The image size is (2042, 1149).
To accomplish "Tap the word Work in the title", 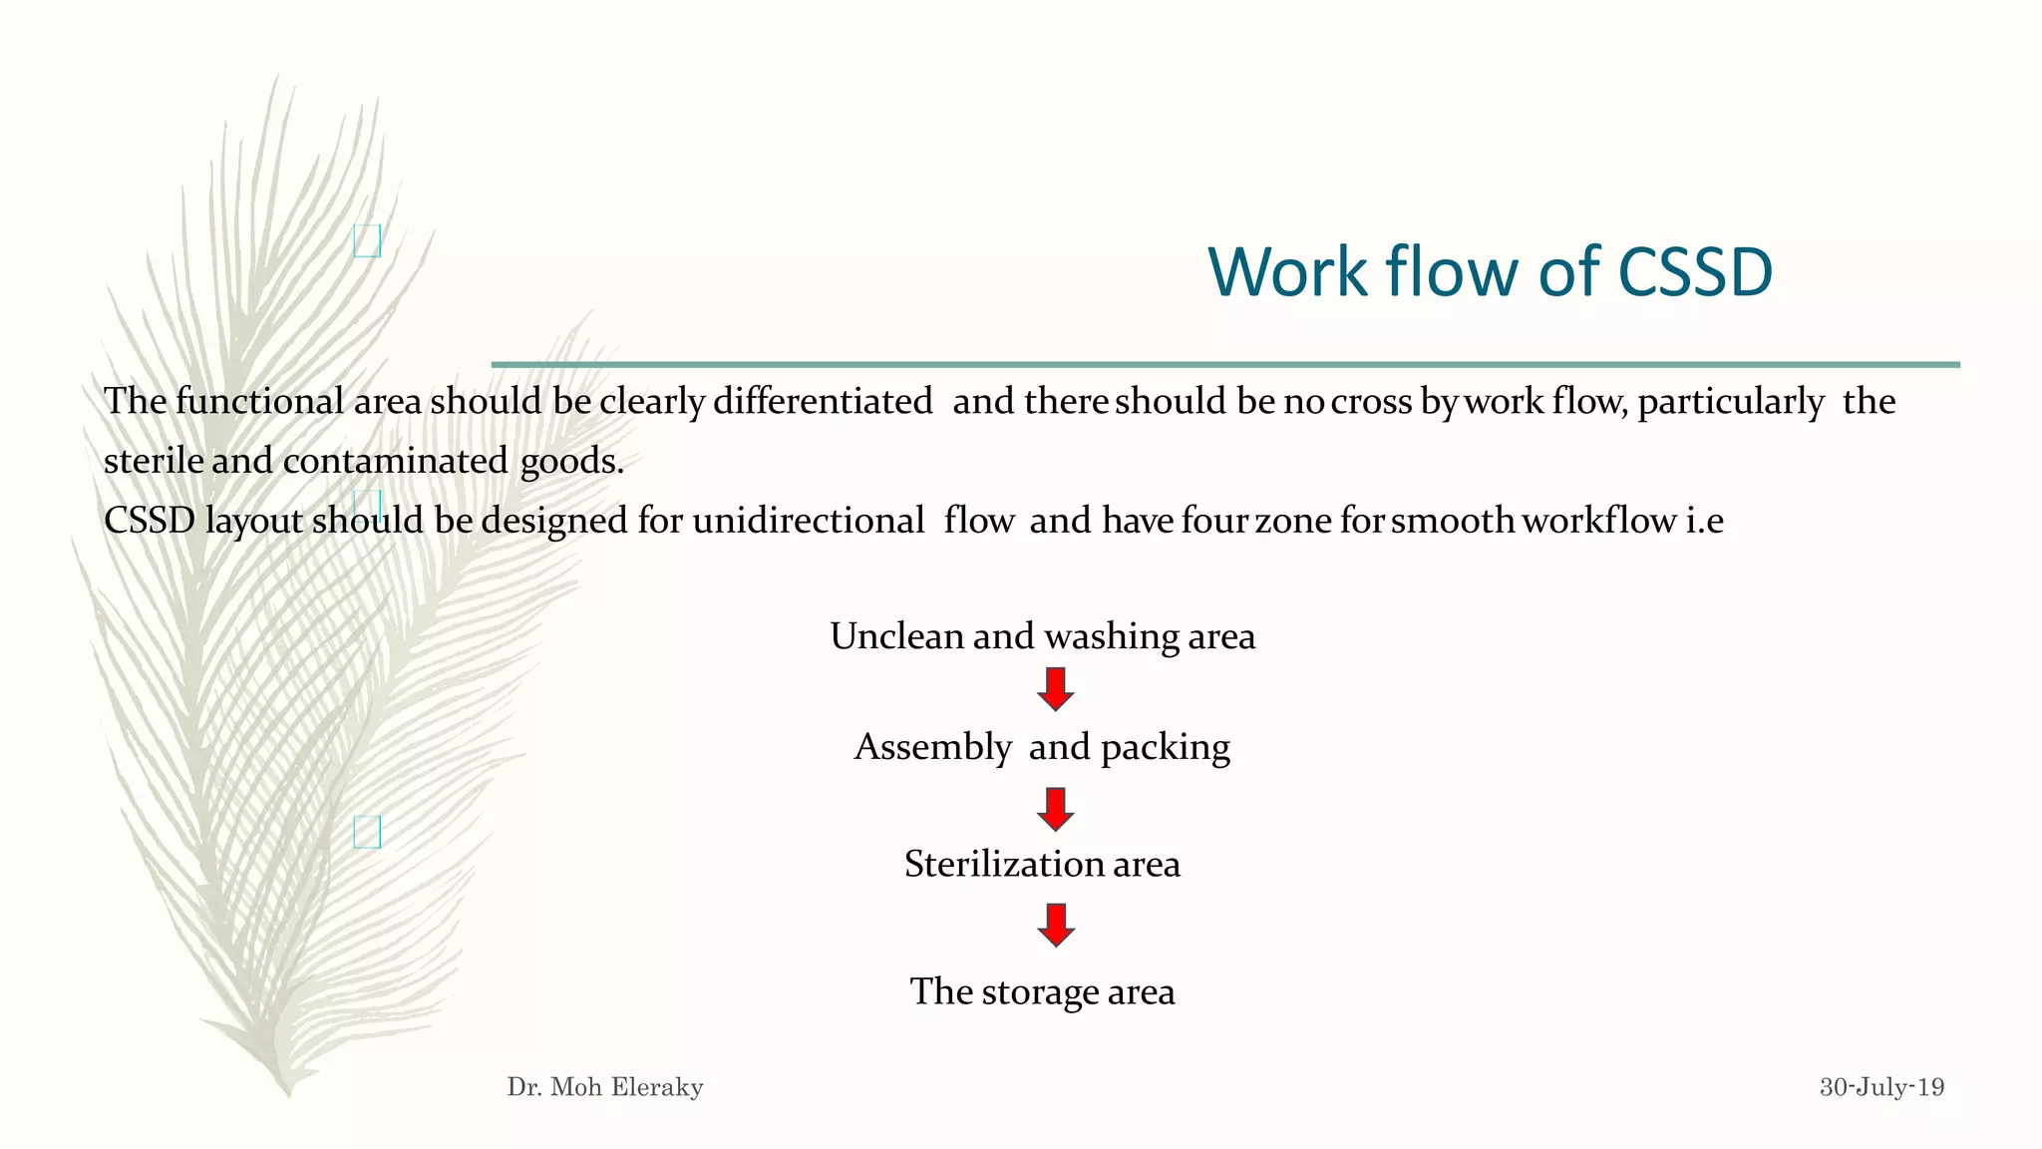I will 1287,271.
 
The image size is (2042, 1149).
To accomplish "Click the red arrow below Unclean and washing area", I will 1055,689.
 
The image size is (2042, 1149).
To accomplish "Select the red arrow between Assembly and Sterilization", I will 1055,809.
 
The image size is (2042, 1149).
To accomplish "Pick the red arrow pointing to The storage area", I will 1055,925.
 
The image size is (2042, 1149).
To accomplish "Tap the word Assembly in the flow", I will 933,747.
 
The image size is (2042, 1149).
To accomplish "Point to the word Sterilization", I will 1003,864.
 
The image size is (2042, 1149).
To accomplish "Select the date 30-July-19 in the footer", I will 1881,1087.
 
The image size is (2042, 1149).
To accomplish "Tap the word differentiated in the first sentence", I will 823,401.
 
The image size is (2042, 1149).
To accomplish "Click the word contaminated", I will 395,461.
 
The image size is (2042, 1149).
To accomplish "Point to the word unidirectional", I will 809,521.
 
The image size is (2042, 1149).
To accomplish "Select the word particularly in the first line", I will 1731,402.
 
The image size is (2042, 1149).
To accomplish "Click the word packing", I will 1166,748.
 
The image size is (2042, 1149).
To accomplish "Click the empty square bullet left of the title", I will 367,240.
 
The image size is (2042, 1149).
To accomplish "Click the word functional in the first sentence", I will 260,401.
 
